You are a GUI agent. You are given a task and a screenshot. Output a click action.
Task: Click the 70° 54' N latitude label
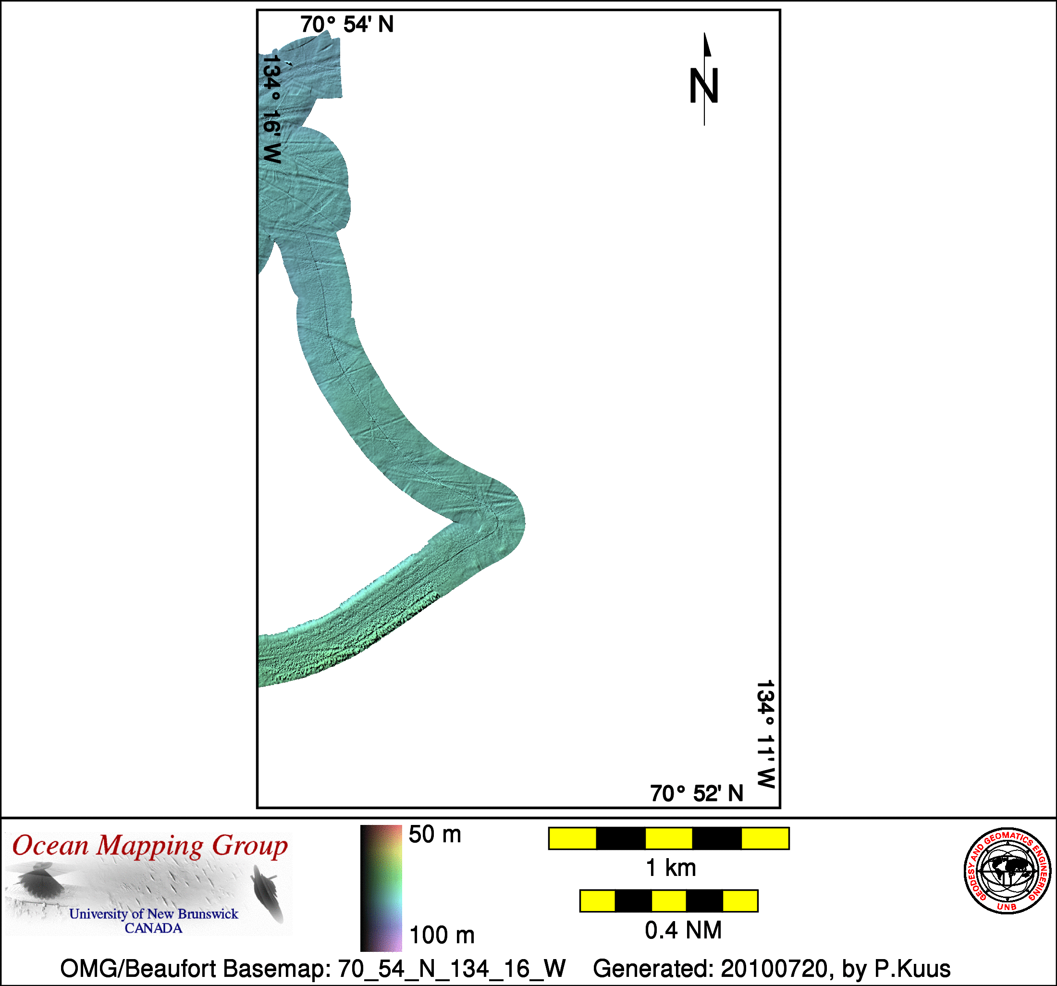[347, 25]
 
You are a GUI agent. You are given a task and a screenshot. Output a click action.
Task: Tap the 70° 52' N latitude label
[697, 793]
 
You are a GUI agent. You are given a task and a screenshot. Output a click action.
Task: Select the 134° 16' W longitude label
[271, 109]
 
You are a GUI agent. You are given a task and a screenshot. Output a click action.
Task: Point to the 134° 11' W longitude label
[766, 734]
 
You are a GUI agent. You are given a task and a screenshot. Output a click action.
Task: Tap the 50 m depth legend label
[434, 835]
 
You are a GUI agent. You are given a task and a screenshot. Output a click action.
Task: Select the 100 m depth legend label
[442, 935]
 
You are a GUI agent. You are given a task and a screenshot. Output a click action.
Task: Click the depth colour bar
[381, 888]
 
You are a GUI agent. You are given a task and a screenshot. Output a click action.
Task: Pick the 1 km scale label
[670, 868]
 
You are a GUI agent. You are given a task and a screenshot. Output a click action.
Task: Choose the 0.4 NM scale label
[683, 930]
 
